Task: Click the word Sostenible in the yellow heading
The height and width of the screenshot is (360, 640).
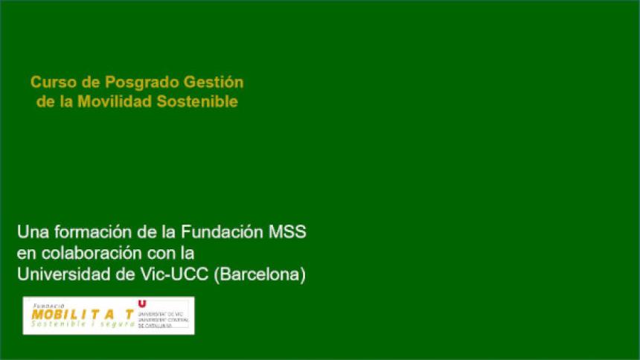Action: (x=198, y=101)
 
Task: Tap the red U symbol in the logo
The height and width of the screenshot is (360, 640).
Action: (x=143, y=304)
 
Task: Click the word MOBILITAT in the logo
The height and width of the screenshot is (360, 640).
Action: (x=83, y=315)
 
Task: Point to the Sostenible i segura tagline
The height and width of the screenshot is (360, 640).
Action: (x=83, y=324)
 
